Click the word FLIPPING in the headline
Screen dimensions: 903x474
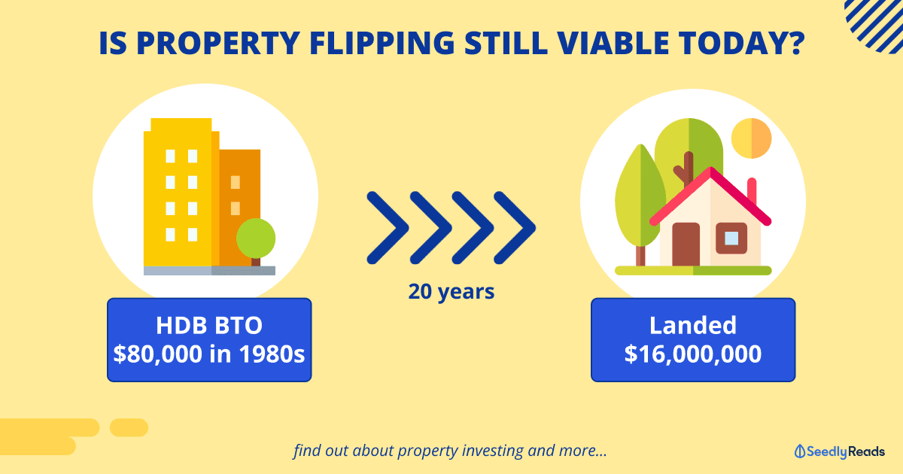382,43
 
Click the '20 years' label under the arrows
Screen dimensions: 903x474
451,292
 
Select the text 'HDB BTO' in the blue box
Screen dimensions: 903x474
209,325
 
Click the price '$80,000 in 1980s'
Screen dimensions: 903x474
209,354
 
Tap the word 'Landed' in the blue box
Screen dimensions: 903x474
693,325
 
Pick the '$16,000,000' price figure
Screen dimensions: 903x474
693,354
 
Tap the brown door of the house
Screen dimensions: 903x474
686,245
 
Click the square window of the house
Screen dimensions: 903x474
731,239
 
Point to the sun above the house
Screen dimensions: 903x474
752,138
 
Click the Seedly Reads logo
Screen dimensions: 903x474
839,451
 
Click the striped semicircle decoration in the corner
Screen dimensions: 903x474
874,25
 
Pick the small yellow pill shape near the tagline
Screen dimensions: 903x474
129,427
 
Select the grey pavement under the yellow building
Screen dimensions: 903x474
209,270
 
